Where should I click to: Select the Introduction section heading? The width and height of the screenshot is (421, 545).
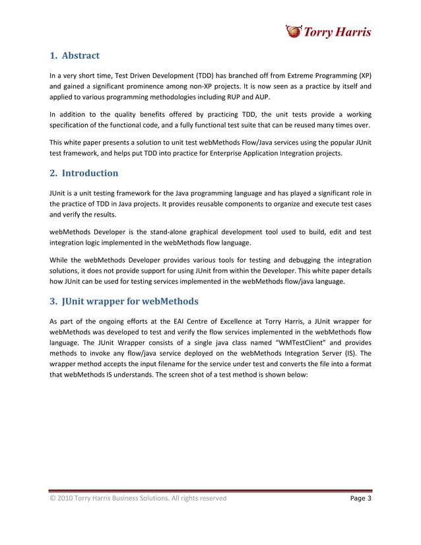click(84, 173)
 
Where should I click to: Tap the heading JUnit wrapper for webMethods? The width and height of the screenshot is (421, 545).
click(123, 302)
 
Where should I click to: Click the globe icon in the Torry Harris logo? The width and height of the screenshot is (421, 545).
click(292, 30)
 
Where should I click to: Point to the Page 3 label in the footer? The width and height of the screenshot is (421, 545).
click(360, 498)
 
